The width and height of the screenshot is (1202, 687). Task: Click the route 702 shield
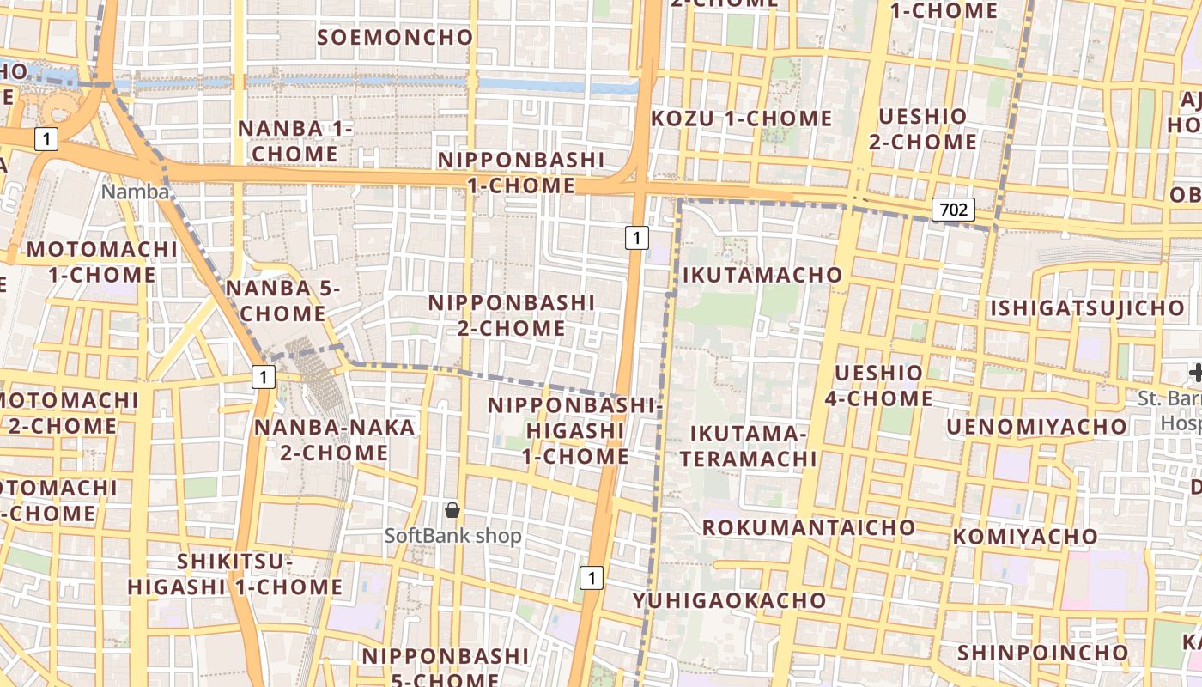tap(953, 209)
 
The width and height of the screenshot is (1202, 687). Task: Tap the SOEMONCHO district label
tap(395, 37)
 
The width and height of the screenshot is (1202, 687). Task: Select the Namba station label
tap(136, 192)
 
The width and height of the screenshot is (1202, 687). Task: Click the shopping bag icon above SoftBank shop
tap(452, 511)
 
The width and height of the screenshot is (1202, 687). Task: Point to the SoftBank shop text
tap(452, 536)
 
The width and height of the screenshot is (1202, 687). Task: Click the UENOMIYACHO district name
tap(1036, 426)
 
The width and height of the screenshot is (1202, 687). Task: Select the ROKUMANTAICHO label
tap(809, 526)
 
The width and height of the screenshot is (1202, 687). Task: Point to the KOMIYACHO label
tap(1025, 537)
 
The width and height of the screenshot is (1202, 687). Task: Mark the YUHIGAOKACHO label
tap(731, 599)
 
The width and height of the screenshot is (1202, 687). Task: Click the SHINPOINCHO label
tap(1042, 653)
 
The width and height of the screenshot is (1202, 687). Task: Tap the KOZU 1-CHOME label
tap(742, 119)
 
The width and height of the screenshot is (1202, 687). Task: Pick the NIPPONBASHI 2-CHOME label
tap(512, 315)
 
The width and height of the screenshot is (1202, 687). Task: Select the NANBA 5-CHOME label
tap(283, 301)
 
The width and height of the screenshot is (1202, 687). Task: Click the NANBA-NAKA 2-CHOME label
tap(334, 439)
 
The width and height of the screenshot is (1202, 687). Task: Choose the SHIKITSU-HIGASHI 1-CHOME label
tap(235, 575)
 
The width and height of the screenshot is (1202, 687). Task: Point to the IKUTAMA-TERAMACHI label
tap(748, 445)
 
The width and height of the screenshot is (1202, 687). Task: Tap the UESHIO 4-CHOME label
tap(878, 386)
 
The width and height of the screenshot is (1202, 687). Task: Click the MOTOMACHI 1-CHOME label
tap(102, 262)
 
